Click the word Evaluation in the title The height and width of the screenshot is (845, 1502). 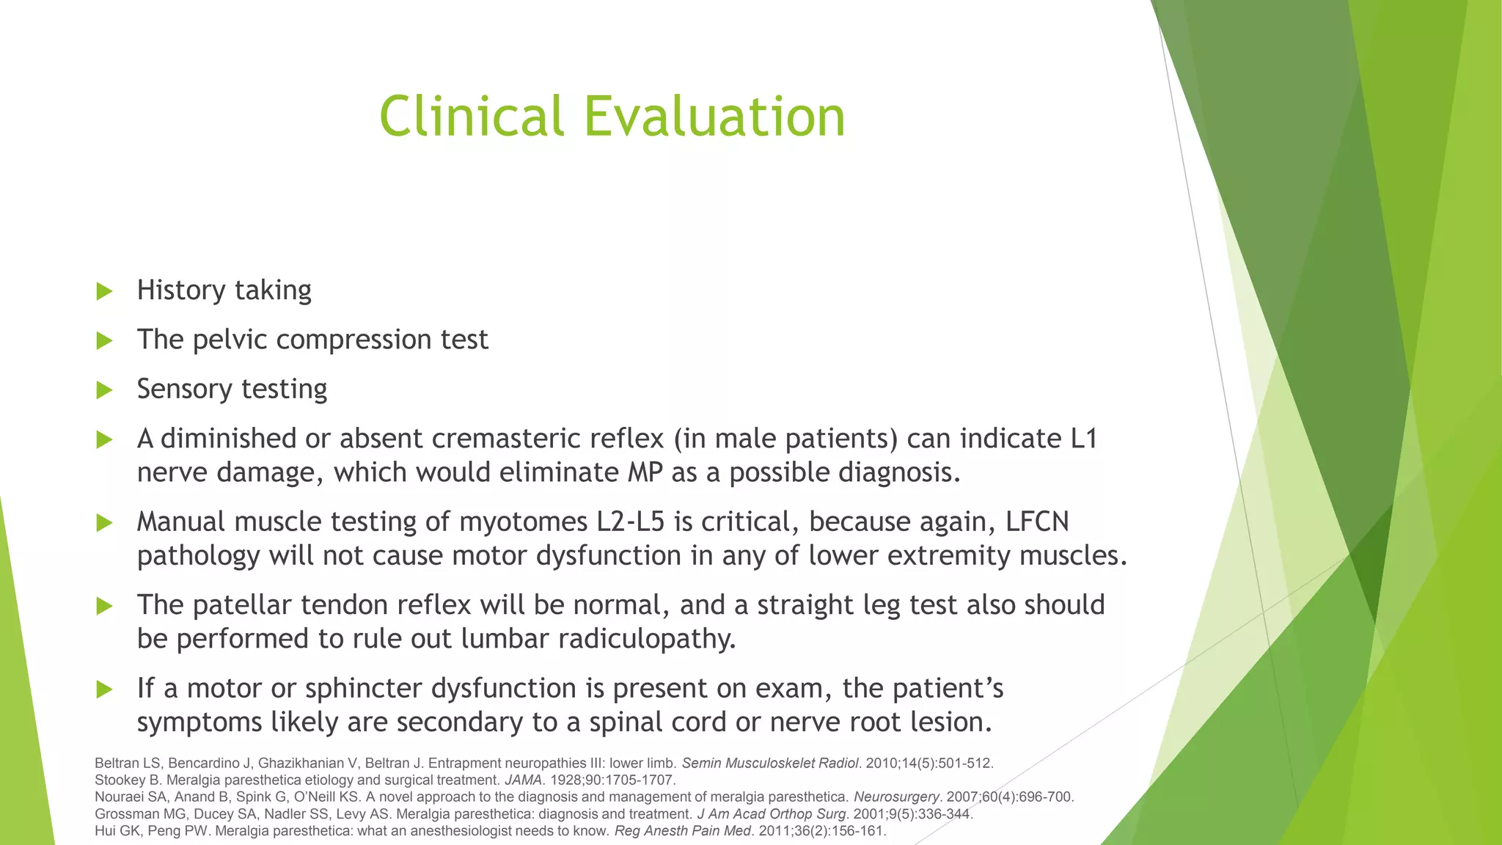[x=714, y=117]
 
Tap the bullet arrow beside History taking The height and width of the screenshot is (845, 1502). [x=104, y=291]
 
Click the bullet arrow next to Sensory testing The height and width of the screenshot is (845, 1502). [x=104, y=389]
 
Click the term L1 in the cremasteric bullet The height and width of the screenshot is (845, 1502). [x=1083, y=438]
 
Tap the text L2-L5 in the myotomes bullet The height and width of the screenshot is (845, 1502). [x=630, y=522]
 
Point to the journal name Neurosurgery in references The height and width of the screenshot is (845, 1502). [x=895, y=797]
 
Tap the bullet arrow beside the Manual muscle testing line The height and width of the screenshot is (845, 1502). [x=104, y=523]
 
